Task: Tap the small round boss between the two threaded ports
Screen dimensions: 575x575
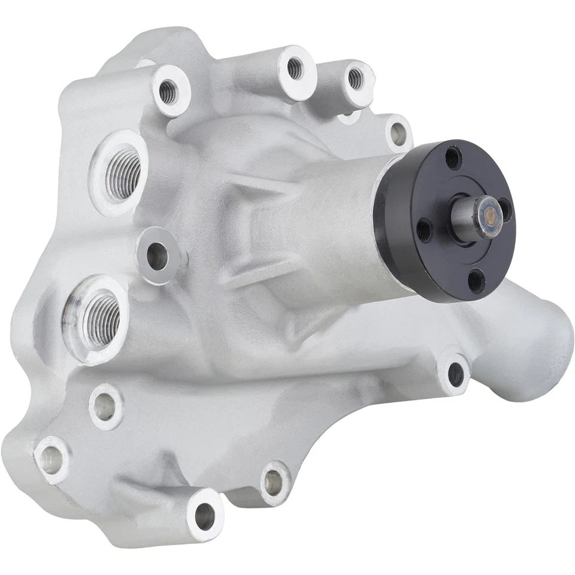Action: click(157, 256)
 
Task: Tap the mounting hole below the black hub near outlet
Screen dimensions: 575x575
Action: click(456, 374)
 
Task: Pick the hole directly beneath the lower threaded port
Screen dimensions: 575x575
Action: click(105, 407)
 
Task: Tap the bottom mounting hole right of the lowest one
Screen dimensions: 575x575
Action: click(274, 482)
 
